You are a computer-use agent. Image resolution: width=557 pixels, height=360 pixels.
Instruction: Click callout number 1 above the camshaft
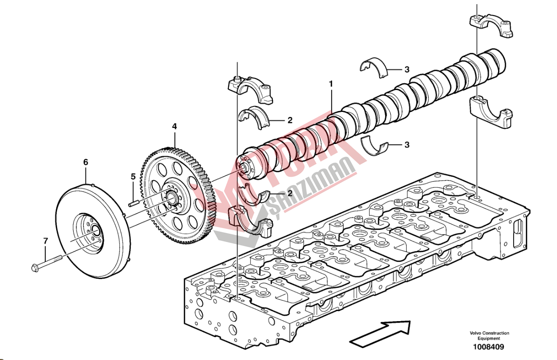331,85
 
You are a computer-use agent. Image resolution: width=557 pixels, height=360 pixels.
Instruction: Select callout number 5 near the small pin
133,176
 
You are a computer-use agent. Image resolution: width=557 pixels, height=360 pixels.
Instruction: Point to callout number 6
85,162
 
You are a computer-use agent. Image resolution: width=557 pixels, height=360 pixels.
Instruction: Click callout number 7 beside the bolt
45,240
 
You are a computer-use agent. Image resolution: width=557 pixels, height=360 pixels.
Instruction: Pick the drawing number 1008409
488,347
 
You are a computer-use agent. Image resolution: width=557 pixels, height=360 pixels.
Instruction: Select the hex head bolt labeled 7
48,263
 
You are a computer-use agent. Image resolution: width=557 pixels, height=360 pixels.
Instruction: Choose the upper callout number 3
406,70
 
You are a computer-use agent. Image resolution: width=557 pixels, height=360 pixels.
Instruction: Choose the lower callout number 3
406,145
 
